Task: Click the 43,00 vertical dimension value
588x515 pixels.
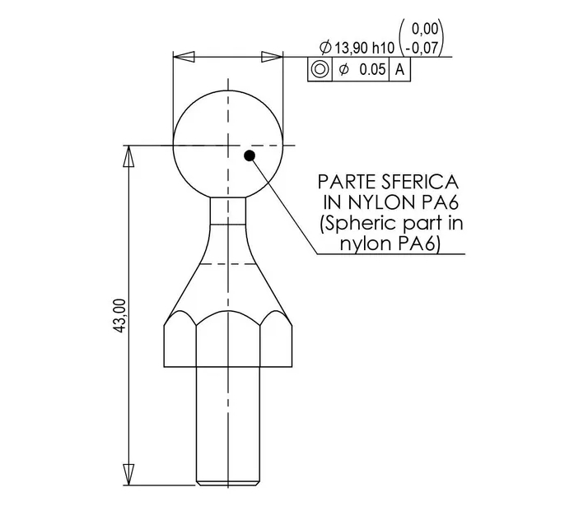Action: (x=120, y=315)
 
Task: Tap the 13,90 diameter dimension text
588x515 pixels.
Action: (x=352, y=48)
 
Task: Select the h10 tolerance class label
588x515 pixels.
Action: (x=383, y=48)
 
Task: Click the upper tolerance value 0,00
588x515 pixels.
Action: (x=425, y=29)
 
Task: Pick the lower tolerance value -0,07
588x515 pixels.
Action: (x=422, y=48)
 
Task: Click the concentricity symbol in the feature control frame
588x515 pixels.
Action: (x=320, y=69)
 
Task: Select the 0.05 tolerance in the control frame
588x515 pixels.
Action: (x=372, y=69)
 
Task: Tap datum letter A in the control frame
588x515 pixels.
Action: (x=400, y=69)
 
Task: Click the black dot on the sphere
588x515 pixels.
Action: (x=250, y=155)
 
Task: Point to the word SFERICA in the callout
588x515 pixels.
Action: (x=420, y=183)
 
